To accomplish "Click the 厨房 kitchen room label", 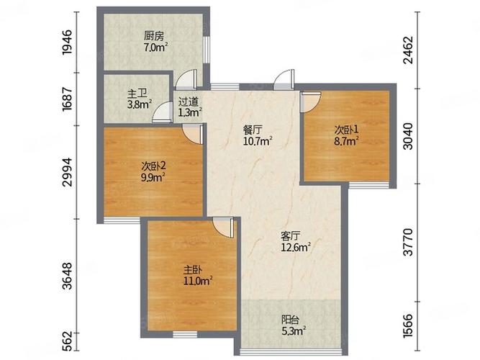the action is [x=154, y=36].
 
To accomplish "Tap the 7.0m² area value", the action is [x=156, y=48].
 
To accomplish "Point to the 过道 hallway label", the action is [x=189, y=102].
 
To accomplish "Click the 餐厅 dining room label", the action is [x=253, y=130].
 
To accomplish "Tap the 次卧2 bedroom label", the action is [x=154, y=166].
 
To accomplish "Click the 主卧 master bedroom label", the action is [x=193, y=270].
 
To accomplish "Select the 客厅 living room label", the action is [x=291, y=236].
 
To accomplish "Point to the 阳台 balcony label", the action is [x=290, y=320].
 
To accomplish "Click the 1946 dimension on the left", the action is [x=67, y=42].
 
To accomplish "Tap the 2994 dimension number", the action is [x=67, y=172].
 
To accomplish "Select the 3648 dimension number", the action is [x=67, y=276].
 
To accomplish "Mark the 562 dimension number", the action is [x=67, y=341].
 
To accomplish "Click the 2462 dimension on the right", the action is [x=408, y=50].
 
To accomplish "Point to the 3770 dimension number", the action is [x=408, y=242].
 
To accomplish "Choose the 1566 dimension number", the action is [x=408, y=325].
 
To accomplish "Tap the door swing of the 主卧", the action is [x=224, y=228].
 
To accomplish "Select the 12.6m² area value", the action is [x=296, y=247].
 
